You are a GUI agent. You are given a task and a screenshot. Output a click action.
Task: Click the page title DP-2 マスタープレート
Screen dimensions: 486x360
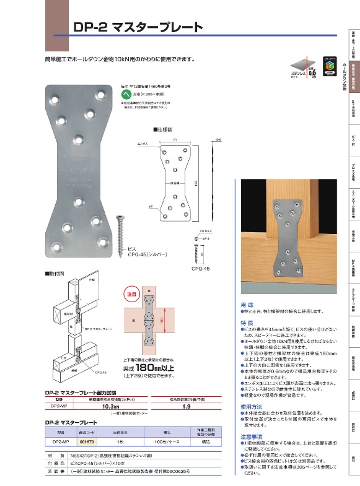tap(138, 27)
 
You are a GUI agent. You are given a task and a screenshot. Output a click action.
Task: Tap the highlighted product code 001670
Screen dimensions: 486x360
tap(87, 443)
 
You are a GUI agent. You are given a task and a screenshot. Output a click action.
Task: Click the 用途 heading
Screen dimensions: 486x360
tap(246, 304)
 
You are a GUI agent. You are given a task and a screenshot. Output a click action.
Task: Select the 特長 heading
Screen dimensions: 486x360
tap(246, 323)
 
